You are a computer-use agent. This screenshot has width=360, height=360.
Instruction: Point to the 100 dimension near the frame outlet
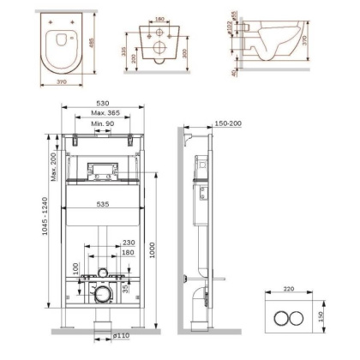click(77, 271)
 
